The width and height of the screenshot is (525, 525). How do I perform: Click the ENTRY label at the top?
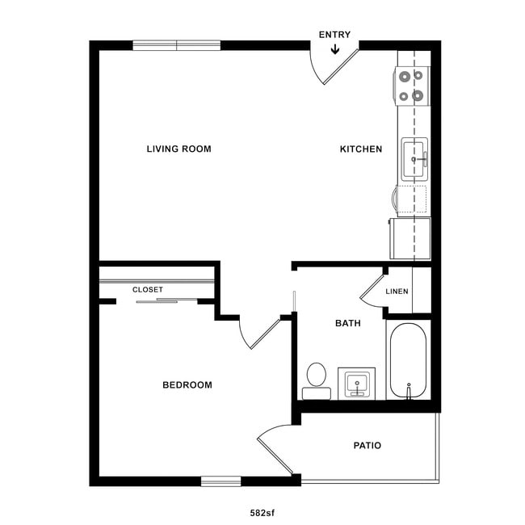(x=334, y=35)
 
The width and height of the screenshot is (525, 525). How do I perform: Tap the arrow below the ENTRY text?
(x=334, y=50)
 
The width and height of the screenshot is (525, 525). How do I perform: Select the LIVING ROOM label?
(x=178, y=149)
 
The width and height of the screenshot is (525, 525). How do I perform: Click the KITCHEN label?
(x=360, y=149)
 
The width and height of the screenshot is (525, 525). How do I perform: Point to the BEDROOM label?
(x=187, y=385)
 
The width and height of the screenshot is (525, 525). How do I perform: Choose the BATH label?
(x=348, y=323)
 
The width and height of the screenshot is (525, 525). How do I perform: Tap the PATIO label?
(x=367, y=446)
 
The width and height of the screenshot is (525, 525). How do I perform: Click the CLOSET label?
(x=148, y=289)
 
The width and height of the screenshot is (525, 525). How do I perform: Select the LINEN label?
(x=397, y=292)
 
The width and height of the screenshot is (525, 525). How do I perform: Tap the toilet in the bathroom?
(x=316, y=380)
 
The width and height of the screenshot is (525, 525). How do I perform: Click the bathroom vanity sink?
(x=356, y=384)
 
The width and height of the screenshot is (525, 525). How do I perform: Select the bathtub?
(x=407, y=360)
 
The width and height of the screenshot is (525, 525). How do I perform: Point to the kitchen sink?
(x=414, y=159)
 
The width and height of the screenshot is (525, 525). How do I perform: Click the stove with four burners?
(x=411, y=86)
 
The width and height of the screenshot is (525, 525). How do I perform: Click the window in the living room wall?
(x=176, y=45)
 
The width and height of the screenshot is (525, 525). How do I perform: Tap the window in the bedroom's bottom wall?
(x=220, y=481)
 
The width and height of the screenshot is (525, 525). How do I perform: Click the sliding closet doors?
(x=157, y=301)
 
